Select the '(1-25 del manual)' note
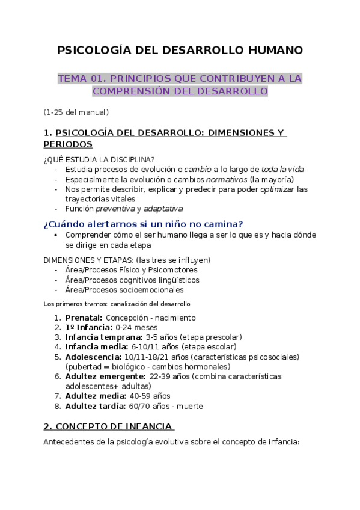point(76,112)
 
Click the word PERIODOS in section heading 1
point(68,144)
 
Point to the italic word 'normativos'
point(227,179)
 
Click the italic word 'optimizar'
point(277,189)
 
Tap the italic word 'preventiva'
point(114,209)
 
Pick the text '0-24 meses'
point(135,327)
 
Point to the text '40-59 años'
point(150,396)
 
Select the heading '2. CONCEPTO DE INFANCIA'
point(108,426)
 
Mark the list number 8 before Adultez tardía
point(57,406)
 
